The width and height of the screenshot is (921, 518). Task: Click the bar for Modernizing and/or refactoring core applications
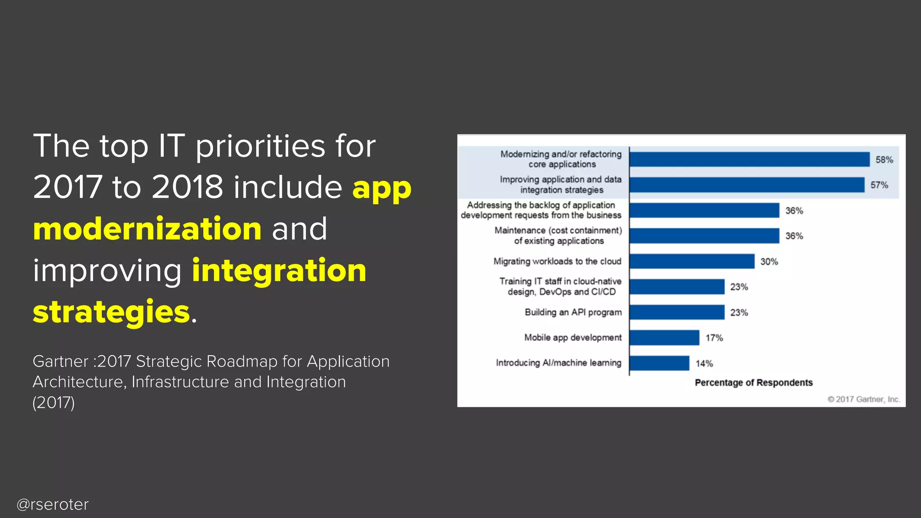[x=749, y=160]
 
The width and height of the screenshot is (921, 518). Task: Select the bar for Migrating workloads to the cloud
[x=692, y=261]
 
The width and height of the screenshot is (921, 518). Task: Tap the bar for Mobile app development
[x=664, y=338]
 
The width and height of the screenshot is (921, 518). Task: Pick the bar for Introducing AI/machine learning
[x=659, y=363]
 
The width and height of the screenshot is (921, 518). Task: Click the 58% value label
[x=884, y=160]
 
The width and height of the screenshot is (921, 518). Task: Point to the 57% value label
[x=879, y=185]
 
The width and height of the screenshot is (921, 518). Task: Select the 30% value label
[x=769, y=262]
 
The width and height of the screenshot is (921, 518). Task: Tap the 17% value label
[x=714, y=338]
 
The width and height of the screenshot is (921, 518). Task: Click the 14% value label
[x=704, y=363]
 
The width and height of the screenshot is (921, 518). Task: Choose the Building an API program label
[x=573, y=312]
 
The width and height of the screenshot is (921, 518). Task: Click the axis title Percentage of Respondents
[x=753, y=383]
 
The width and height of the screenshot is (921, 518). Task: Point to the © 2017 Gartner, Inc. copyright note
[x=863, y=399]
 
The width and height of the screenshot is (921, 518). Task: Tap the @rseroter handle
[x=53, y=505]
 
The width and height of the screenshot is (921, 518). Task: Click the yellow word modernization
[x=147, y=229]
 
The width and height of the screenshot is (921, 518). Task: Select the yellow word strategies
[x=112, y=312]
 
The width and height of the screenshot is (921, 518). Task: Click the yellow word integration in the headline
[x=279, y=270]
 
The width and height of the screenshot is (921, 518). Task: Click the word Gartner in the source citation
[x=60, y=362]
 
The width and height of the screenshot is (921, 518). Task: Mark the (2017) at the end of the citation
[x=54, y=402]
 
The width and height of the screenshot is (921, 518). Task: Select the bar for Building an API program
[x=677, y=312]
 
